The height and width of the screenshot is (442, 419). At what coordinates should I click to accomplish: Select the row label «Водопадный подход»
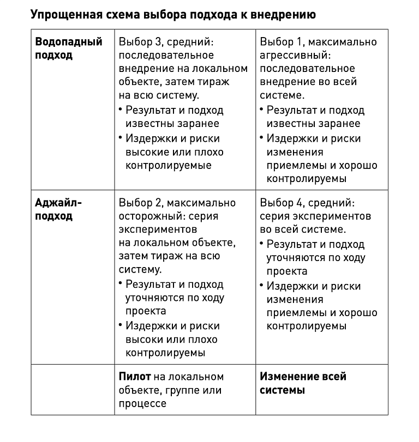pyautogui.click(x=68, y=49)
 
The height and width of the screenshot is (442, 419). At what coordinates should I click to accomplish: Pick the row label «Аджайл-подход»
pyautogui.click(x=58, y=209)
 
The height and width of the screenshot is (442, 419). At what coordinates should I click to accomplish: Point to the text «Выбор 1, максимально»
pyautogui.click(x=318, y=42)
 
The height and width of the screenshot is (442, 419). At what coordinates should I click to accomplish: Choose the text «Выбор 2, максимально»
pyautogui.click(x=177, y=203)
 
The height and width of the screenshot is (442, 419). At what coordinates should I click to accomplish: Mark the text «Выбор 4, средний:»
pyautogui.click(x=307, y=203)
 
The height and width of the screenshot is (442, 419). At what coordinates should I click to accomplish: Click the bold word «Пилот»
pyautogui.click(x=134, y=377)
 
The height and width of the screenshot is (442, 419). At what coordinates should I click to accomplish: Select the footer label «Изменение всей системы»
pyautogui.click(x=303, y=383)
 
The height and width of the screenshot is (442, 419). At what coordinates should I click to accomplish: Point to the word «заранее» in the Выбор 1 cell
pyautogui.click(x=341, y=124)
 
